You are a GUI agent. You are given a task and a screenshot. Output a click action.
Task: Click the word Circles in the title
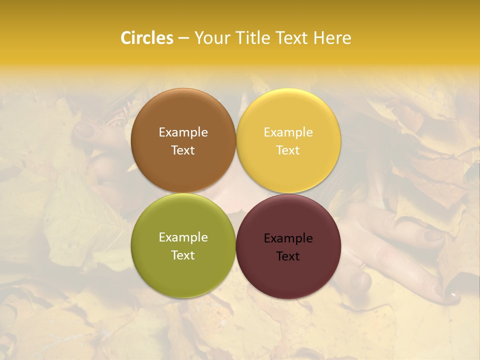tap(147, 38)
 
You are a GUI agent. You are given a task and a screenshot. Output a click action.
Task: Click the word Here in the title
tap(332, 38)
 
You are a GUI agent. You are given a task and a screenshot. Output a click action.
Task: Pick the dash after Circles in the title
tap(183, 38)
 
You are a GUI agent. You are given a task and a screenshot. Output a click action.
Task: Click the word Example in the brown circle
tap(183, 132)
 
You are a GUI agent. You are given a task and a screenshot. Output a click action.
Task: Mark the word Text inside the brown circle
tap(183, 150)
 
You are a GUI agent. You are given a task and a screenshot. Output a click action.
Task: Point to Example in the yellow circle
tap(288, 132)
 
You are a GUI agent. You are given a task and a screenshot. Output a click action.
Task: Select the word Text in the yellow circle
tap(288, 150)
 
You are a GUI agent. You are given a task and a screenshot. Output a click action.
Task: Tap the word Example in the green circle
tap(183, 237)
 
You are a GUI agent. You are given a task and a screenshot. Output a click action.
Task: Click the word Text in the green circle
tap(183, 255)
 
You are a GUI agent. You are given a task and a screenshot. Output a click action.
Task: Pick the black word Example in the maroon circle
tap(288, 238)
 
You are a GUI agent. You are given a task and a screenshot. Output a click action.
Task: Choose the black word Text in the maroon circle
tap(288, 256)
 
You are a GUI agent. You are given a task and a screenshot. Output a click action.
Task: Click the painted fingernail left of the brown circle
tap(84, 130)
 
